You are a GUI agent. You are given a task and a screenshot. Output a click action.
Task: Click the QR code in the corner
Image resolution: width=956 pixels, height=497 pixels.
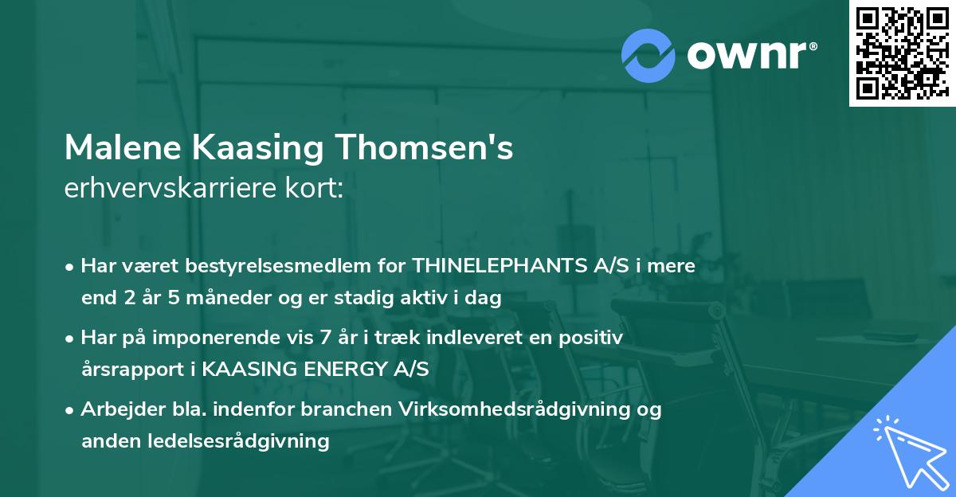(901, 53)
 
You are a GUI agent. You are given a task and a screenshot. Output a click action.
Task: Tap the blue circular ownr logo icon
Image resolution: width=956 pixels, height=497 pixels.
(648, 55)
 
